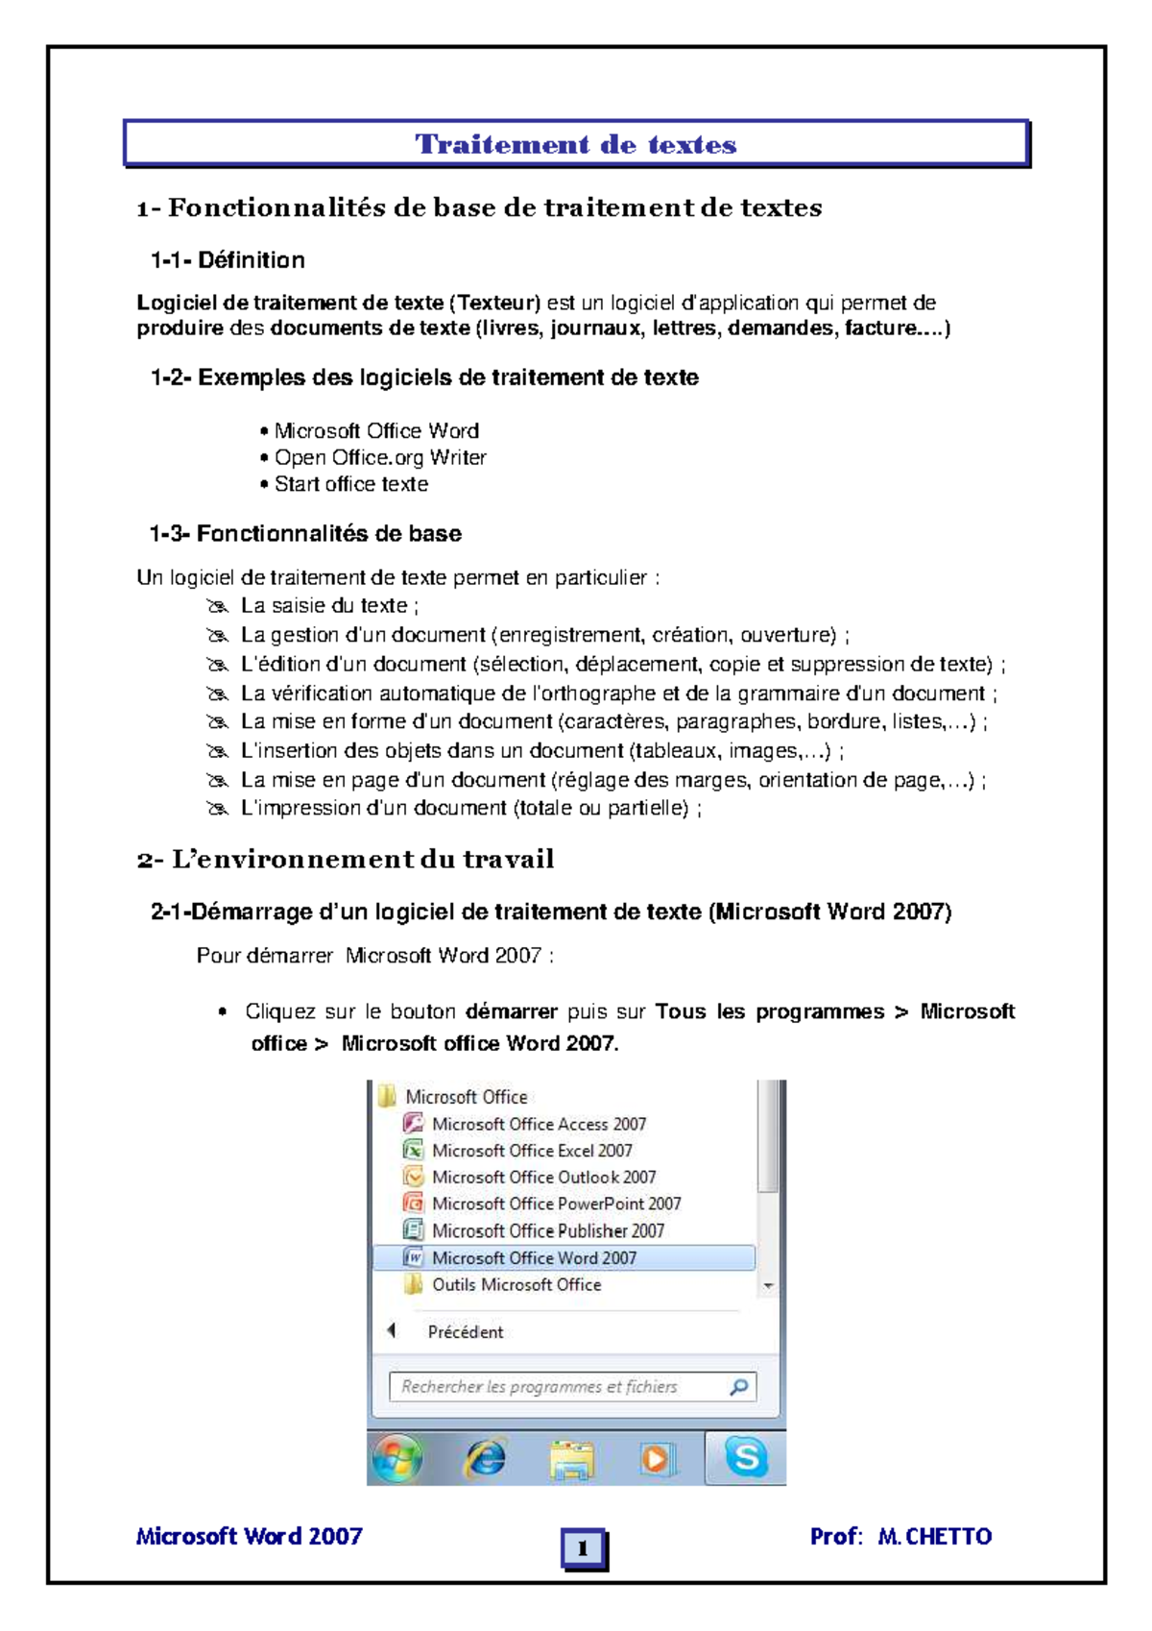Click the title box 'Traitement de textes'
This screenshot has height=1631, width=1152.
(x=576, y=144)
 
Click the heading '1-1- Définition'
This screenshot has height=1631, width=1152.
(x=228, y=259)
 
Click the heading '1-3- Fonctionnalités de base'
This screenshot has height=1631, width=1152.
(x=305, y=533)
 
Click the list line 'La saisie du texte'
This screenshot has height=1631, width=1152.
(x=328, y=605)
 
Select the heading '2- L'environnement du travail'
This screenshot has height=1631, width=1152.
(x=346, y=859)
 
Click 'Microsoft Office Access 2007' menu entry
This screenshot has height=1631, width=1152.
(x=538, y=1124)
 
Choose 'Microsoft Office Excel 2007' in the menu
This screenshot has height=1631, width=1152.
(x=532, y=1151)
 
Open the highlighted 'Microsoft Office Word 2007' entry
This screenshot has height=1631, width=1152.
(x=534, y=1257)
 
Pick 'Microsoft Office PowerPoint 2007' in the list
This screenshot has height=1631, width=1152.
(x=556, y=1204)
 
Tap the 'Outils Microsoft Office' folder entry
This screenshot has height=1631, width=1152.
(x=516, y=1284)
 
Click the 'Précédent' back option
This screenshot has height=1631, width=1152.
(x=465, y=1331)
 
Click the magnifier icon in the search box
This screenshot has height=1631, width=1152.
(x=738, y=1386)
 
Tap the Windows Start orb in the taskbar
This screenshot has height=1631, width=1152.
(x=396, y=1458)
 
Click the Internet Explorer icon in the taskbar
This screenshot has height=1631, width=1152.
(x=486, y=1458)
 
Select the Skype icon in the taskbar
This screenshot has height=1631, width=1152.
(x=746, y=1457)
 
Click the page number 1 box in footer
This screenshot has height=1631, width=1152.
(x=583, y=1547)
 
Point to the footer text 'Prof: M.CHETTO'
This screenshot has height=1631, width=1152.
(x=900, y=1536)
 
